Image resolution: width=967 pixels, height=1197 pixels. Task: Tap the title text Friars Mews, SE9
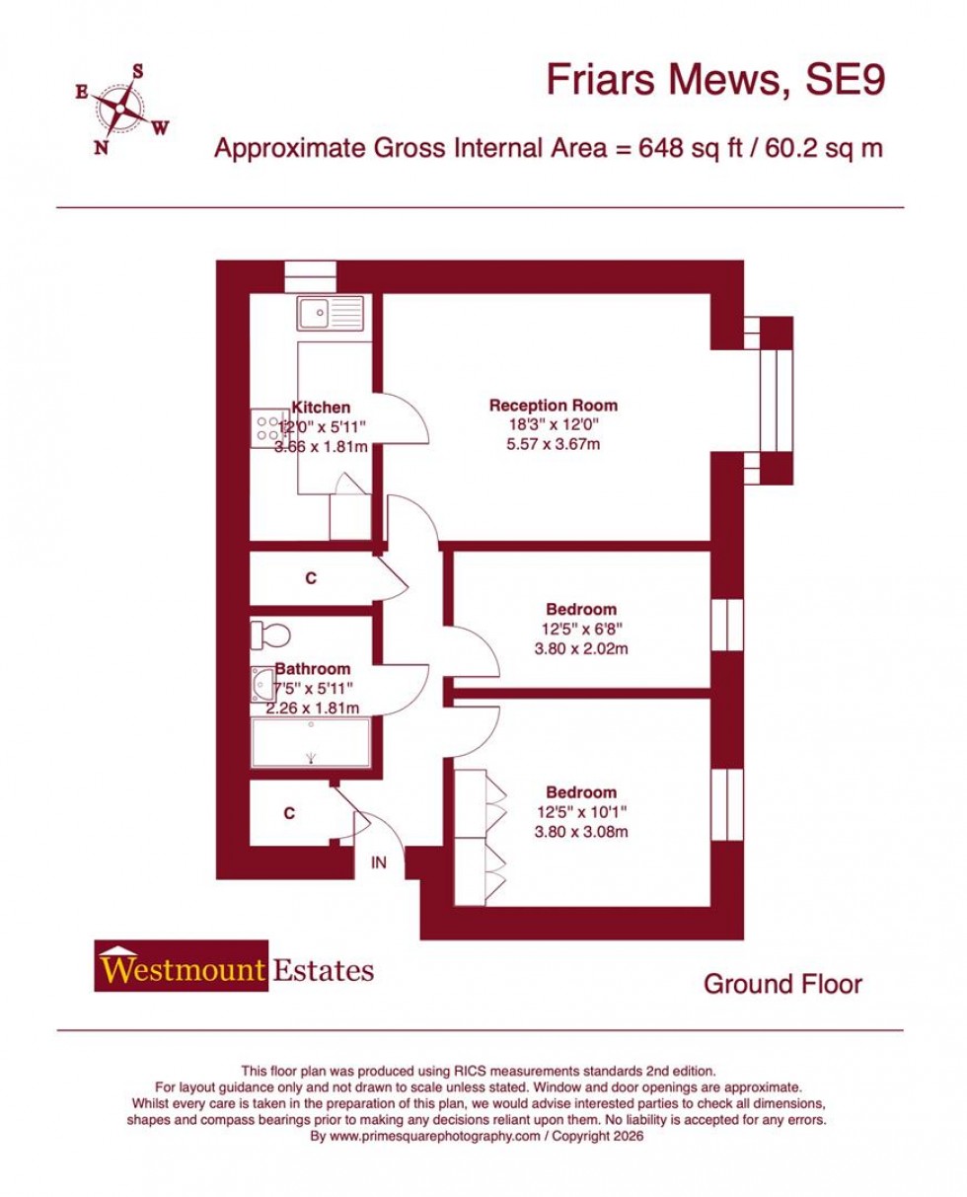[x=715, y=81]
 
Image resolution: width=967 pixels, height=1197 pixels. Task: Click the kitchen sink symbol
[x=331, y=314]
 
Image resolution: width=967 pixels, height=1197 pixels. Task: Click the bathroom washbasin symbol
[x=263, y=684]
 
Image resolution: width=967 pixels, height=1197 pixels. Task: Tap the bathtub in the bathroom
[x=311, y=742]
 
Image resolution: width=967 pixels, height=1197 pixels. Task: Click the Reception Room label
[x=553, y=406]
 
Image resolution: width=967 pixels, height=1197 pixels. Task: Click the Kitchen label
[x=321, y=408]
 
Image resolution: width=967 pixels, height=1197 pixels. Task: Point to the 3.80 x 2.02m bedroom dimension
[x=581, y=648]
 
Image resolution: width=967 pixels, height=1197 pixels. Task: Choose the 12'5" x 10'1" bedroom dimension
[x=581, y=812]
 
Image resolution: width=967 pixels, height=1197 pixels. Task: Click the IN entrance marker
[x=379, y=861]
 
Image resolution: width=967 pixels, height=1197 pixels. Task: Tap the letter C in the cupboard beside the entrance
[x=289, y=813]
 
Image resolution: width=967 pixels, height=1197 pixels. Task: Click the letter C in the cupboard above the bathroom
[x=311, y=578]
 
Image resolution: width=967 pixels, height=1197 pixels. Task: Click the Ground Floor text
[x=782, y=984]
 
